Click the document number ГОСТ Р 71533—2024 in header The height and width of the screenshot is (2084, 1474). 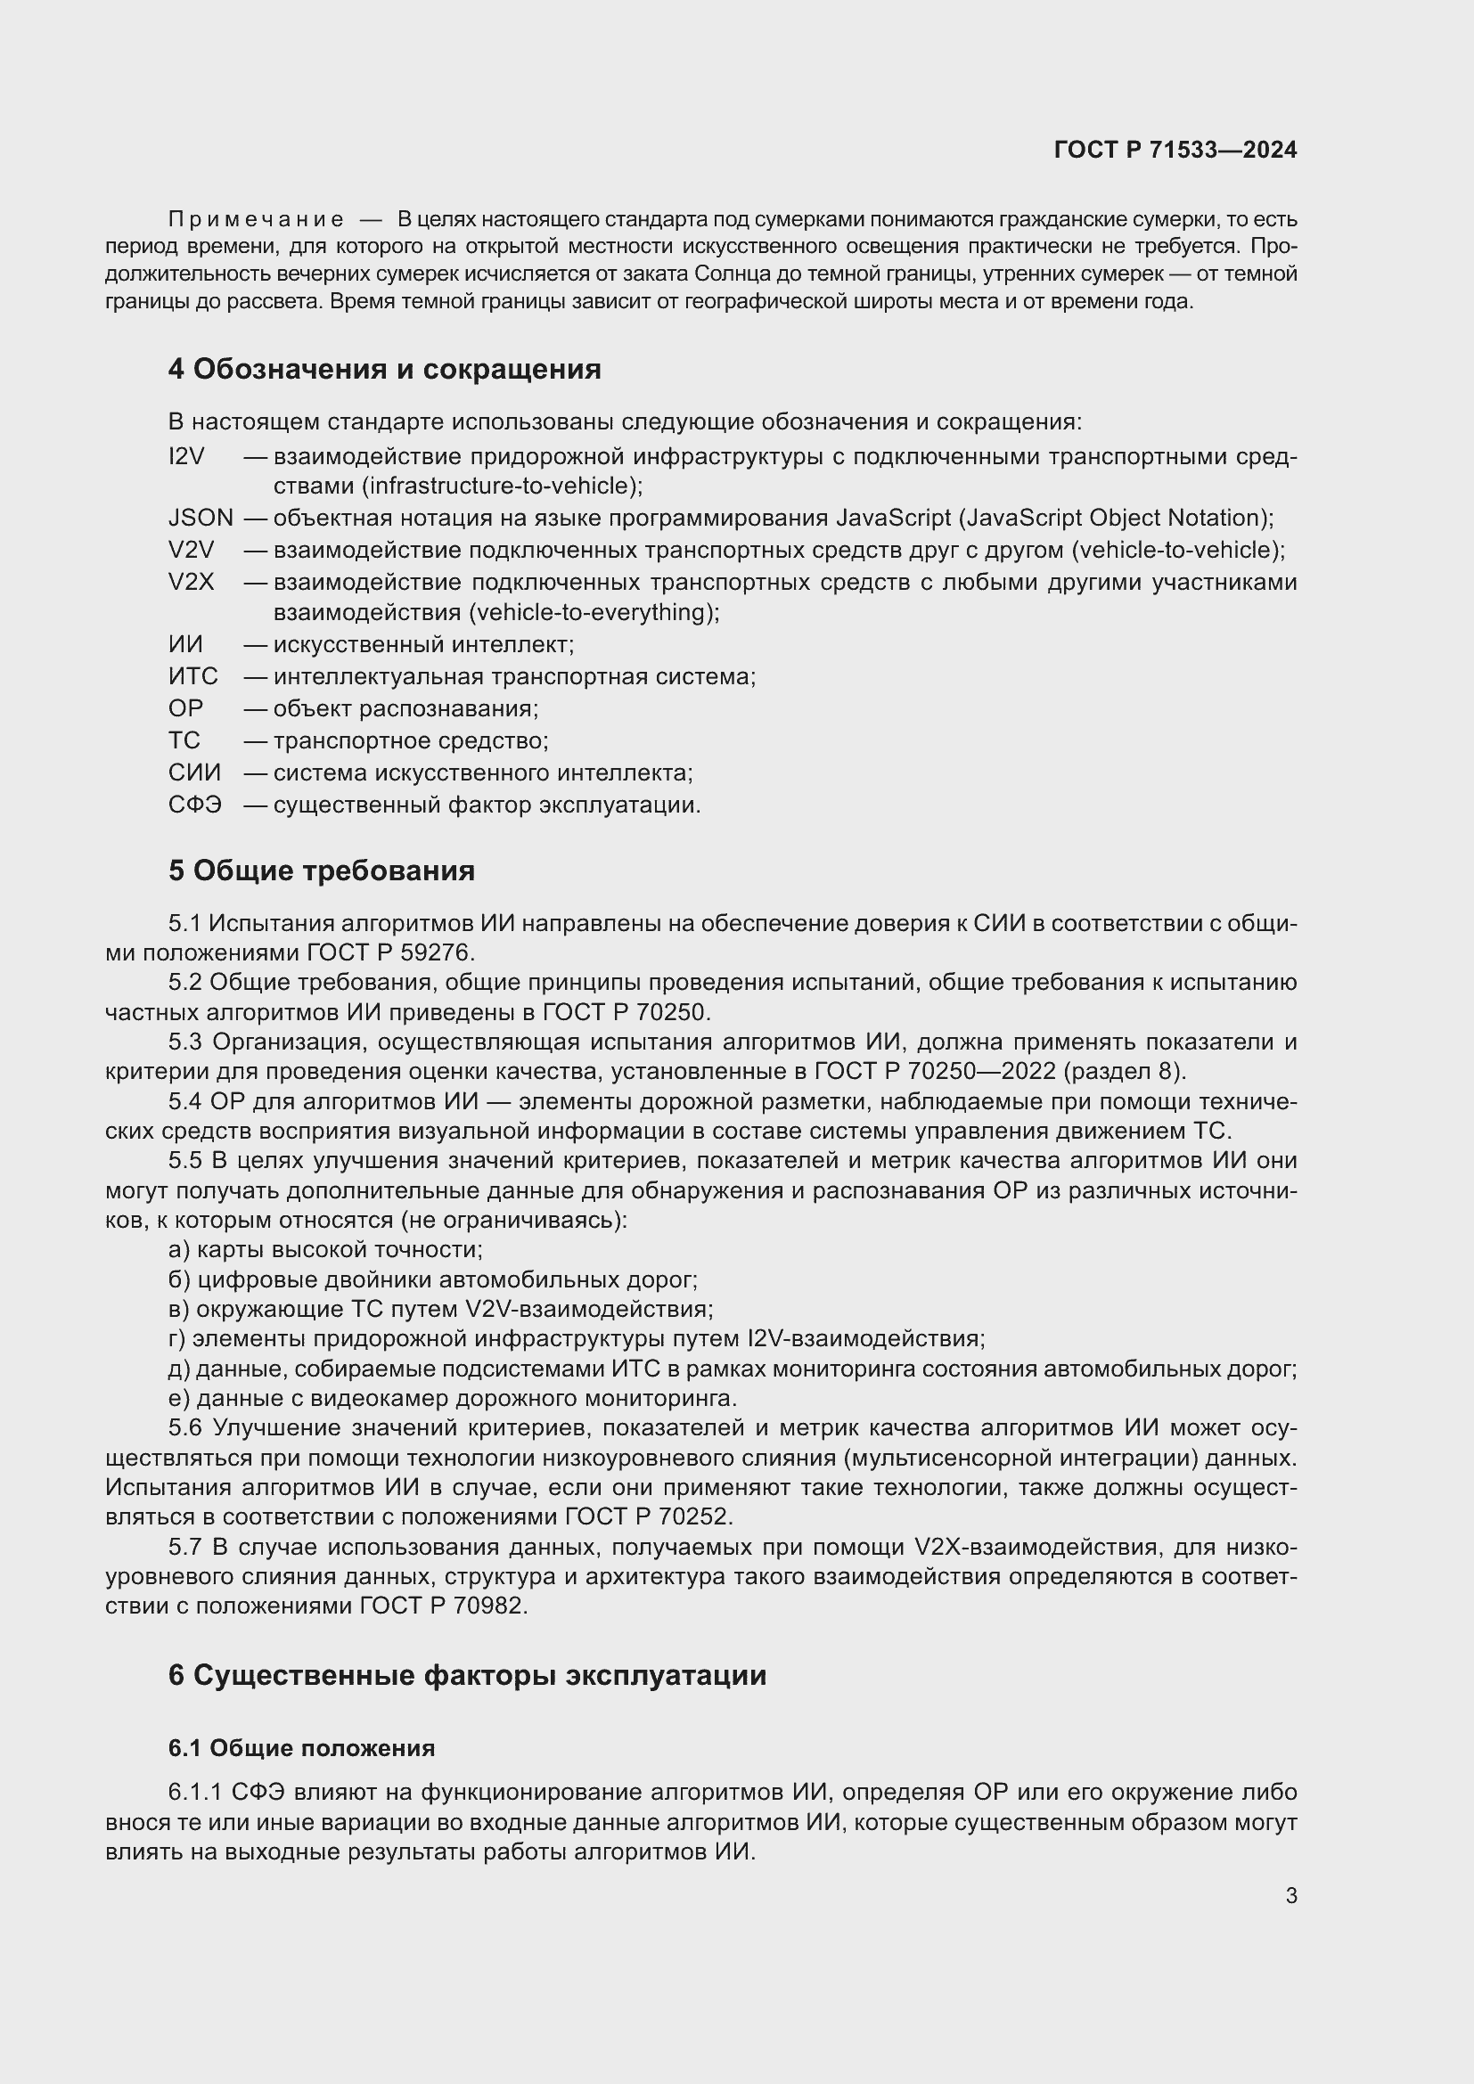point(1175,150)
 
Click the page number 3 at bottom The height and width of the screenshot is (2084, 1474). point(1290,1895)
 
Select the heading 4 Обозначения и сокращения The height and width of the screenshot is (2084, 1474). point(384,370)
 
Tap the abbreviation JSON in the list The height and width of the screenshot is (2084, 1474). point(200,518)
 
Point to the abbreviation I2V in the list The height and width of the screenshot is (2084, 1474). point(187,456)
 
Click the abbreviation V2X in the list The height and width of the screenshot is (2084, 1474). point(191,582)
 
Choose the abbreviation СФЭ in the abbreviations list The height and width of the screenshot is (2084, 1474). point(194,805)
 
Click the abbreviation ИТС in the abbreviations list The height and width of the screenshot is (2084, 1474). point(192,676)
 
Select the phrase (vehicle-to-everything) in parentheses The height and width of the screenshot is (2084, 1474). point(594,613)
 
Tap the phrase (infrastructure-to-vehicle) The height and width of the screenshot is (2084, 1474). point(502,486)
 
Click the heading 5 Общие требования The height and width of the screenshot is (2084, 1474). point(322,871)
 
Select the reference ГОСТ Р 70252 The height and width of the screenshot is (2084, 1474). point(648,1516)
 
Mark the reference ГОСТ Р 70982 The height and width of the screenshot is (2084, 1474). point(442,1606)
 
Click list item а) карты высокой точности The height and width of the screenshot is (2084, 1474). point(326,1250)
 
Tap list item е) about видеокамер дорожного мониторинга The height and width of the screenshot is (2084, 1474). point(453,1398)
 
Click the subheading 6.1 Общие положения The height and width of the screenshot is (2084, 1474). point(301,1748)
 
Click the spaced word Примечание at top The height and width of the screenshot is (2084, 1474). point(256,220)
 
